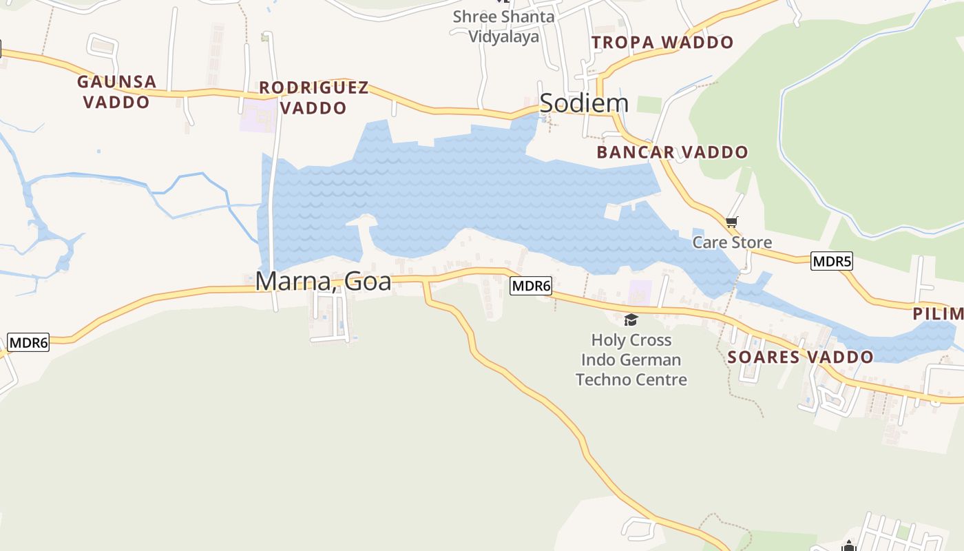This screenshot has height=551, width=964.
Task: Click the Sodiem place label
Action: [584, 103]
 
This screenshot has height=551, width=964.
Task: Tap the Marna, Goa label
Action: [323, 281]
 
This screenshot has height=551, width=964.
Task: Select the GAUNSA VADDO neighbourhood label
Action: [116, 92]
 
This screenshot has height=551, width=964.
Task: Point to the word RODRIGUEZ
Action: [314, 88]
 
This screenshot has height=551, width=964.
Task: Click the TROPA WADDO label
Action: [662, 43]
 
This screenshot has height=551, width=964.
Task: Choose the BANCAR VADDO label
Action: [672, 152]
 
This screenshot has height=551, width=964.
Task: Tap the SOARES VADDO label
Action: [800, 357]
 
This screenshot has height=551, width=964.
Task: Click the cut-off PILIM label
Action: [938, 314]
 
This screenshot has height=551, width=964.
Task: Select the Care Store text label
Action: [732, 242]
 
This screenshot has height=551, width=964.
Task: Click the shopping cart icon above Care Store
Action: [731, 222]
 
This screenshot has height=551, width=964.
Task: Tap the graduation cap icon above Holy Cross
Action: [630, 320]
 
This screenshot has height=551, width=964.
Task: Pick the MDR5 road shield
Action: [831, 261]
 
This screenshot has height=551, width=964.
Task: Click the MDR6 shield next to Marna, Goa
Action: [531, 286]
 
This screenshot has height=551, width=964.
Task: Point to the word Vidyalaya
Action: [503, 37]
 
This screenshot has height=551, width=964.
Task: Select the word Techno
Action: [602, 380]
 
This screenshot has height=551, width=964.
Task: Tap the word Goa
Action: [370, 281]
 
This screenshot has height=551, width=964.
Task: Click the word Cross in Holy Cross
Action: [650, 340]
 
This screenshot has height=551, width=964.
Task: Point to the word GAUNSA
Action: [116, 82]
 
